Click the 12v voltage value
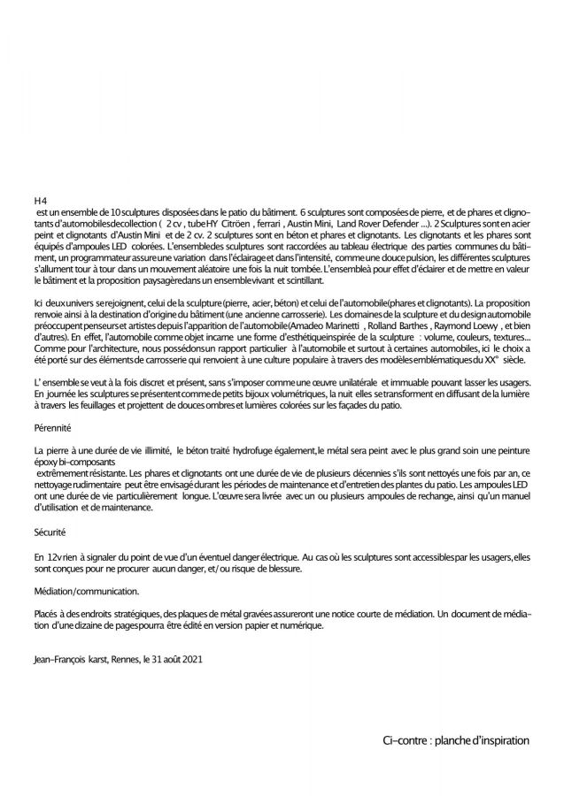point(53,559)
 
